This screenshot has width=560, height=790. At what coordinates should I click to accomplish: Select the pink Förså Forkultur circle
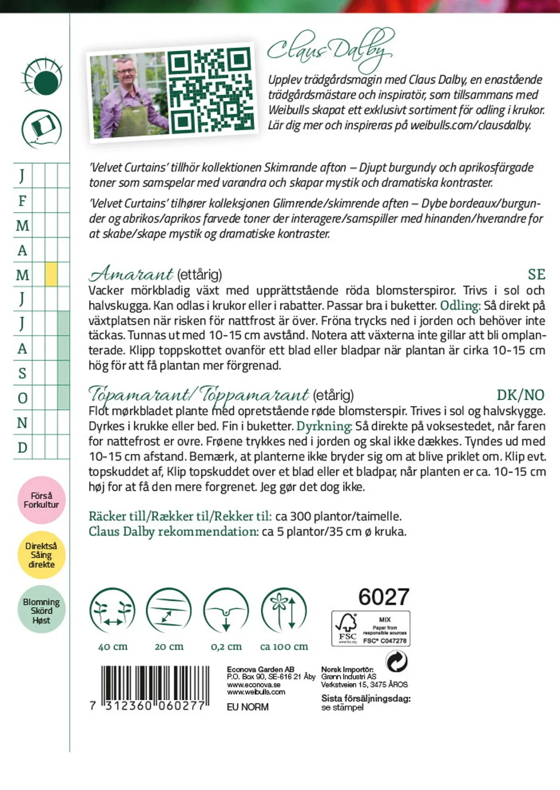pos(41,500)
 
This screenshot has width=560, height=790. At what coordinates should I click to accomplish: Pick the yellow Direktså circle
pos(41,555)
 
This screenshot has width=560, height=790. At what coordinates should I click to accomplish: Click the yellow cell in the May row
pos(51,274)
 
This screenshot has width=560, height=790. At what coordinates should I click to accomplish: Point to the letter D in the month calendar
pos(23,447)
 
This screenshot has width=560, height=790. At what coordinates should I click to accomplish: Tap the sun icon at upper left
pos(43,77)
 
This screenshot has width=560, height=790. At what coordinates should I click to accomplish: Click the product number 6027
pos(384,597)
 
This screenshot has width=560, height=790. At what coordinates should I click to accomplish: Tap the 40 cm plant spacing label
pos(113,647)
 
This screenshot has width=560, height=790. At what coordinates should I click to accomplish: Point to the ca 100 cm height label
pos(284,647)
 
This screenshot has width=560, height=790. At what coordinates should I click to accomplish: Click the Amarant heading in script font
pos(131,273)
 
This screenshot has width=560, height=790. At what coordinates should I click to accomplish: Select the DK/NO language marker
pos(520,395)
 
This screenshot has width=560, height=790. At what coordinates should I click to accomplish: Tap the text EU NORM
pos(248,707)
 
